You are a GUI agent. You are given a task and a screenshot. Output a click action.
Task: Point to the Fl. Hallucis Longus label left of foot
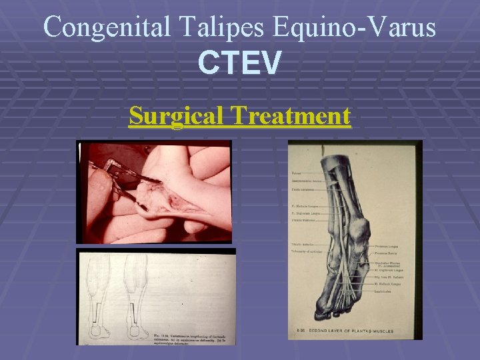coord(305,207)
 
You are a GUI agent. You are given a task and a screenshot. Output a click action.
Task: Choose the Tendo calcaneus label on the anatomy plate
coord(303,188)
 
